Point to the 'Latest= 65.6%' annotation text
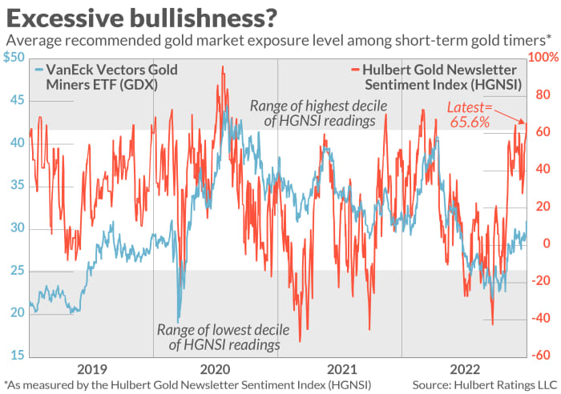click(467, 117)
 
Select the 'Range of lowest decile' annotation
click(218, 336)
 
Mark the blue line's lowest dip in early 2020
click(178, 321)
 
